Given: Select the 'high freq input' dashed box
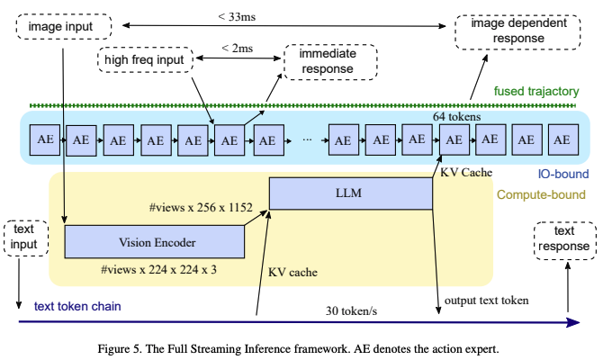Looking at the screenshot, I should coord(147,62).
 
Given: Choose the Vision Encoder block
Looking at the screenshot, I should coord(155,241).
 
